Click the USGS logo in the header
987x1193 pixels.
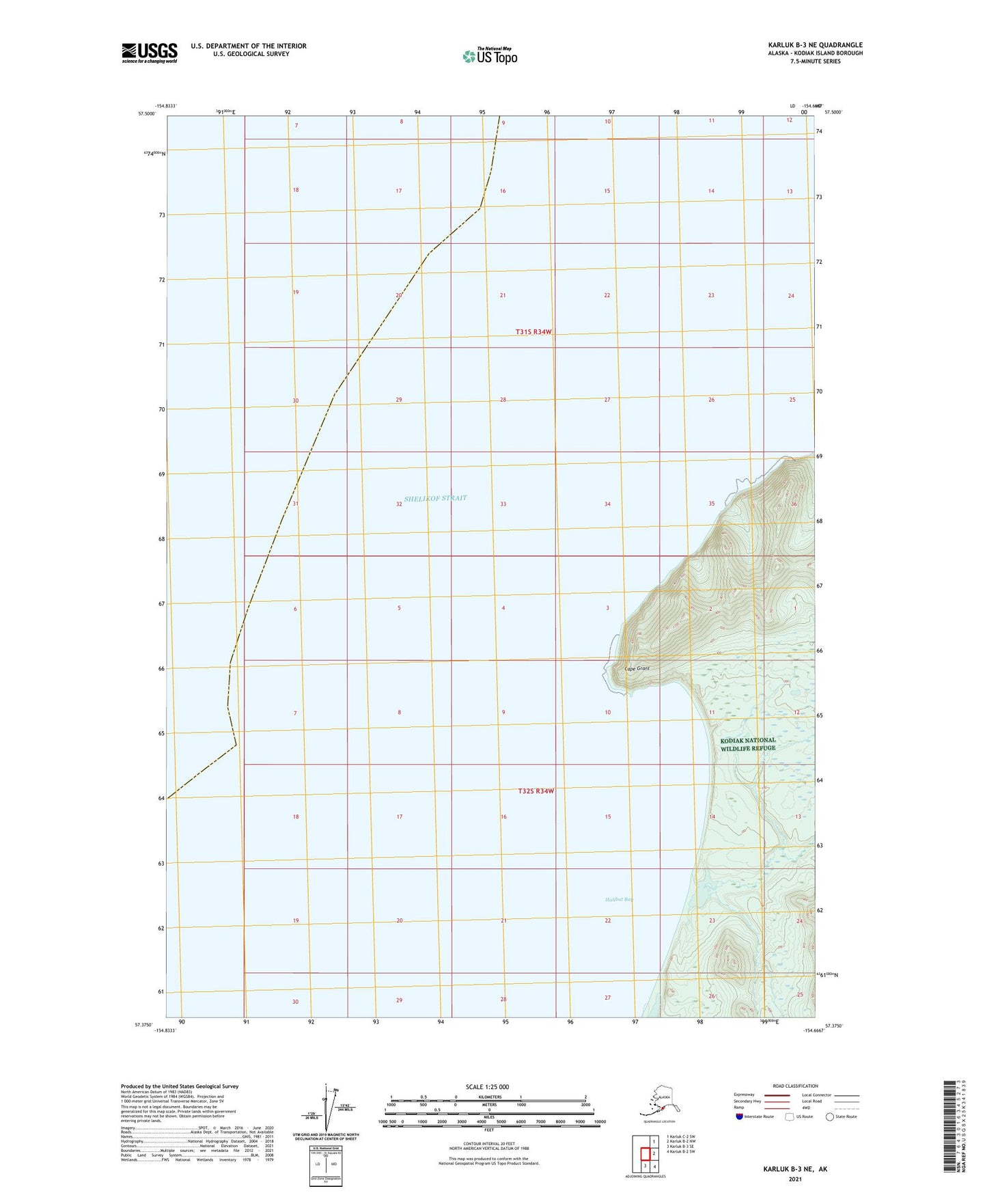[x=149, y=53]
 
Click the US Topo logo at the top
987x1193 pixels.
[x=489, y=56]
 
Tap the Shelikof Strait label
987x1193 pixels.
[x=435, y=498]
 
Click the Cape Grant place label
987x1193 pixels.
[x=637, y=668]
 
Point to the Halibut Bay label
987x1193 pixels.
[x=619, y=899]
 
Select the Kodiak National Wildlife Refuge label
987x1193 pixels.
[x=749, y=744]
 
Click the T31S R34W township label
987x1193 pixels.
[x=533, y=332]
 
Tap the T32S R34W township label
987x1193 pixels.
[x=536, y=791]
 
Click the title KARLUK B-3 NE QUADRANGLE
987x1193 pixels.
[x=814, y=45]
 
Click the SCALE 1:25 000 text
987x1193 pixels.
[x=488, y=1086]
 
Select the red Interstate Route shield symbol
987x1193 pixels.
[x=739, y=1116]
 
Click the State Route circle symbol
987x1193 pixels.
[x=829, y=1116]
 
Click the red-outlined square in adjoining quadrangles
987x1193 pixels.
[x=644, y=1153]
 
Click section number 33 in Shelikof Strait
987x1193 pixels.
[x=503, y=504]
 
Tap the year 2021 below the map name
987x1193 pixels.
[x=794, y=1179]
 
